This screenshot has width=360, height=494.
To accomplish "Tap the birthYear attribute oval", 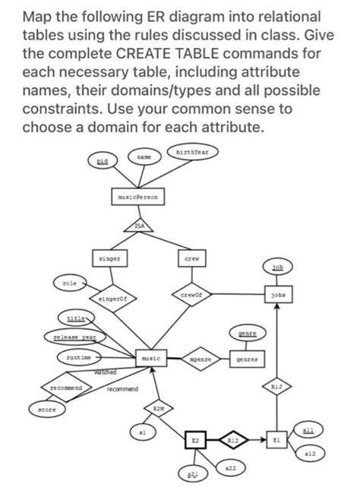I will [x=194, y=152].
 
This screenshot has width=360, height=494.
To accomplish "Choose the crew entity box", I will [x=193, y=259].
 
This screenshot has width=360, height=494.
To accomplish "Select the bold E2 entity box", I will [x=196, y=441].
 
